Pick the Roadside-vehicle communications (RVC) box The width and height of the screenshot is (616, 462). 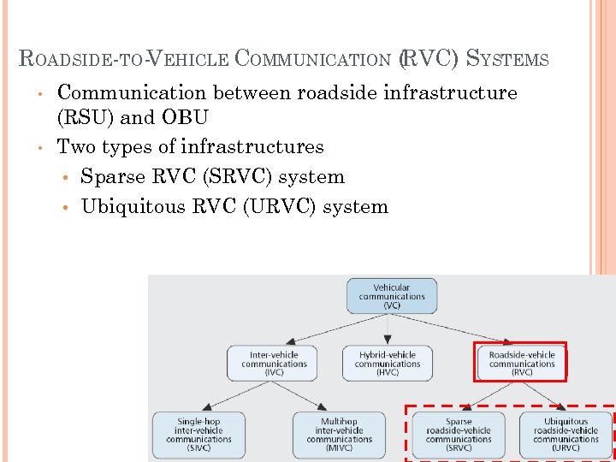tap(521, 363)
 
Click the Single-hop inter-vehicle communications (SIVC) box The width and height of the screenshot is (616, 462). tap(198, 435)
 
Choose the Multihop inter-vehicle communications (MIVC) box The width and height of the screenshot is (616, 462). tap(339, 435)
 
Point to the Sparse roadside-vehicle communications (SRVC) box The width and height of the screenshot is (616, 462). tap(459, 435)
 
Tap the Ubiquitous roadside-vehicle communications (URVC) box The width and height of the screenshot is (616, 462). tap(566, 435)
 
